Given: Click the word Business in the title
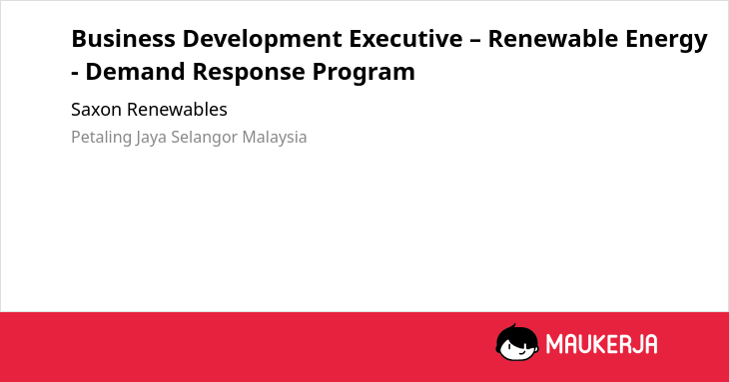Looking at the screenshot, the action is tap(123, 39).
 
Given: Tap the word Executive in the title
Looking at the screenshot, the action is tap(405, 39).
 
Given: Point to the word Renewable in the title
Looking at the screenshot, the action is tap(553, 39).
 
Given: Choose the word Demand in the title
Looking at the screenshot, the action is tap(135, 72).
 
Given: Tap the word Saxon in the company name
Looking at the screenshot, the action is tap(96, 110).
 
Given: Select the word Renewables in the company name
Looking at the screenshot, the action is tap(177, 110).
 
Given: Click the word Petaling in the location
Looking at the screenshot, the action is tap(101, 138).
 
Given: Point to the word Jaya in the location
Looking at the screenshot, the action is tap(151, 138).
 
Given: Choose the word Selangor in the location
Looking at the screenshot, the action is tap(205, 138).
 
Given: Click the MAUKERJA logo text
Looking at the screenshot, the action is tap(601, 344).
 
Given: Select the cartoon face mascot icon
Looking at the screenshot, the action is tap(517, 342).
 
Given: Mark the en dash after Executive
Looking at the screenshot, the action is tap(475, 40).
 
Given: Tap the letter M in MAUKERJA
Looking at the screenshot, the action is tap(554, 344).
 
